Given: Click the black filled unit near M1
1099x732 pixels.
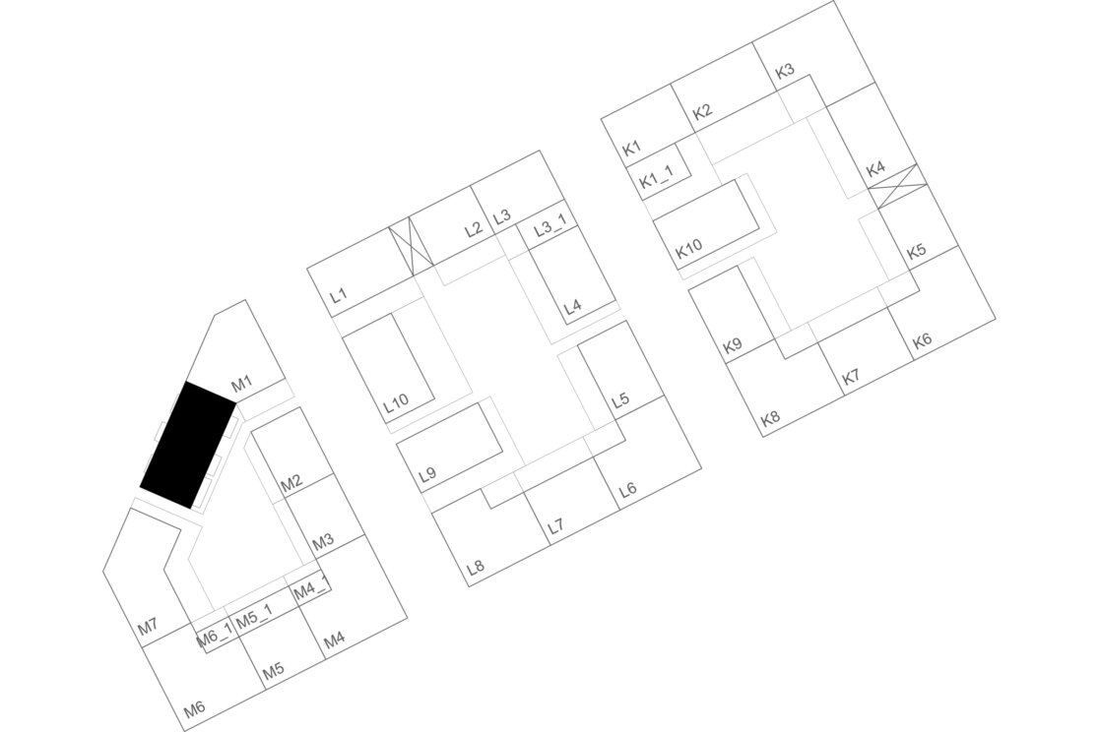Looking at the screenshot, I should coord(188,446).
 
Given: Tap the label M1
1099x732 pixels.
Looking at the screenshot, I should coord(242,383).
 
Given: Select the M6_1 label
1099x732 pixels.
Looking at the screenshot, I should coord(214,638).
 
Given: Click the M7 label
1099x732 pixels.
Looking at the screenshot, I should coord(148,627).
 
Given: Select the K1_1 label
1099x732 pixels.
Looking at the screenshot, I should coord(657,180).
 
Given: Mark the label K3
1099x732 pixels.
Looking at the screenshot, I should coord(785,72).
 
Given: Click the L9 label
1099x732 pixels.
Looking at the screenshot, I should coord(427,474).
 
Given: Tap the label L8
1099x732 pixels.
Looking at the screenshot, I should coord(476,567).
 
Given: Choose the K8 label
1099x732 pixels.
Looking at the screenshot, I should coord(770,418).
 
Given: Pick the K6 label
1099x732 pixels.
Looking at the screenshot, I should coord(922,340).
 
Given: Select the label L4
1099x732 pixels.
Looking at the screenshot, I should coord(572,306).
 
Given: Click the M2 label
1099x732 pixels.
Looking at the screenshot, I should coord(291,483).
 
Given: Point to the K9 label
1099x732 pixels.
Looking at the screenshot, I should coord(733,346).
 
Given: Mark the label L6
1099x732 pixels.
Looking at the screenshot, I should coord(627,489).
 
